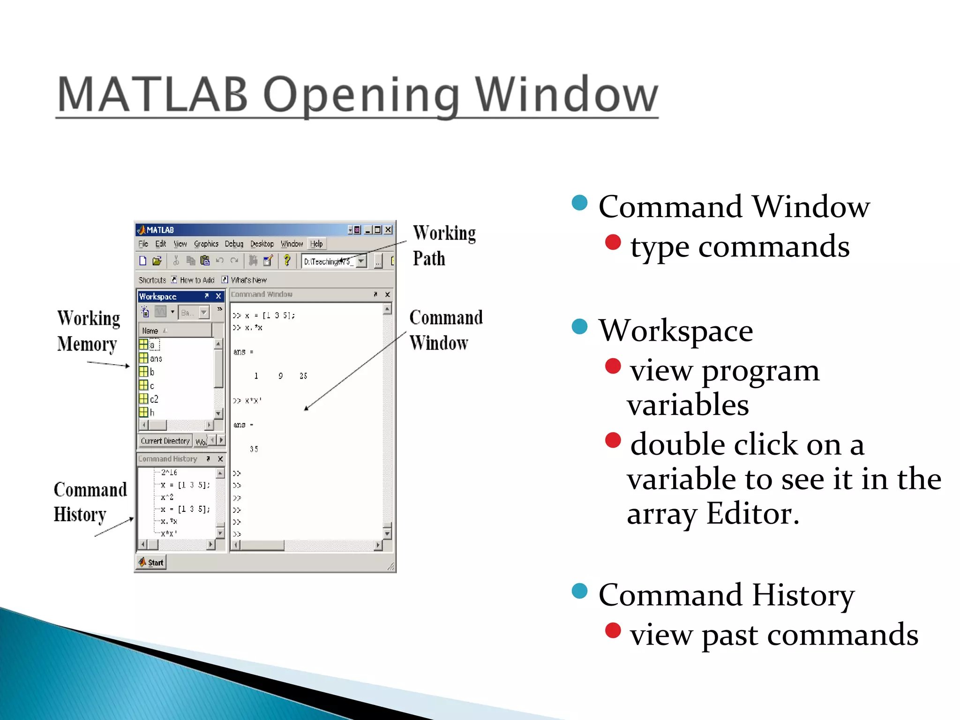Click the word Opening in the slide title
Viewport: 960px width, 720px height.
pyautogui.click(x=361, y=95)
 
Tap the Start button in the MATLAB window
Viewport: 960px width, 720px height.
pyautogui.click(x=151, y=562)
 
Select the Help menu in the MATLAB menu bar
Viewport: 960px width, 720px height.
pyautogui.click(x=316, y=244)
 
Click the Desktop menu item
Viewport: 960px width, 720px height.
pyautogui.click(x=262, y=244)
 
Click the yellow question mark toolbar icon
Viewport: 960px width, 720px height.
pyautogui.click(x=287, y=261)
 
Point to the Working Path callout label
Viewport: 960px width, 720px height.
pyautogui.click(x=443, y=246)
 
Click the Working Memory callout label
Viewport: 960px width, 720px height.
pyautogui.click(x=88, y=331)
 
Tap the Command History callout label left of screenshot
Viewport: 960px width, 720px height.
pyautogui.click(x=90, y=502)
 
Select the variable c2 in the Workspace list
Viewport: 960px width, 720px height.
pyautogui.click(x=153, y=399)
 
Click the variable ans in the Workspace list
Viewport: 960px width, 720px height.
pyautogui.click(x=156, y=359)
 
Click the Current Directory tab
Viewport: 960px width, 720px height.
pyautogui.click(x=165, y=441)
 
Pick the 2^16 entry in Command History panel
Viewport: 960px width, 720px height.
pyautogui.click(x=169, y=472)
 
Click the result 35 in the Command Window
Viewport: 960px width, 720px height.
pyautogui.click(x=254, y=449)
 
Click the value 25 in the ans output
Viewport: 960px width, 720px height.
pyautogui.click(x=303, y=376)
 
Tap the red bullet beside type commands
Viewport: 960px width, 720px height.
pyautogui.click(x=613, y=242)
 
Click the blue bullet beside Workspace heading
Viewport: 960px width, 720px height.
pyautogui.click(x=580, y=327)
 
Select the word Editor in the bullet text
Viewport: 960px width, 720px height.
pyautogui.click(x=752, y=514)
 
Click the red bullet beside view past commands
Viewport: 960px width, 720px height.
pyautogui.click(x=613, y=630)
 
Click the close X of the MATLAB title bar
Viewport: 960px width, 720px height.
pyautogui.click(x=388, y=230)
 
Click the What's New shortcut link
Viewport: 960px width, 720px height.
pyautogui.click(x=248, y=280)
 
